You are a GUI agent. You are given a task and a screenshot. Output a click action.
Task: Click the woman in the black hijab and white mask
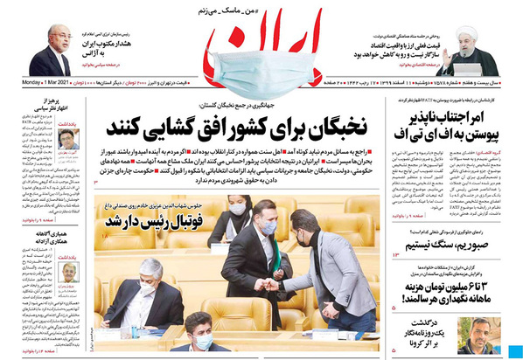(x=238, y=218)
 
